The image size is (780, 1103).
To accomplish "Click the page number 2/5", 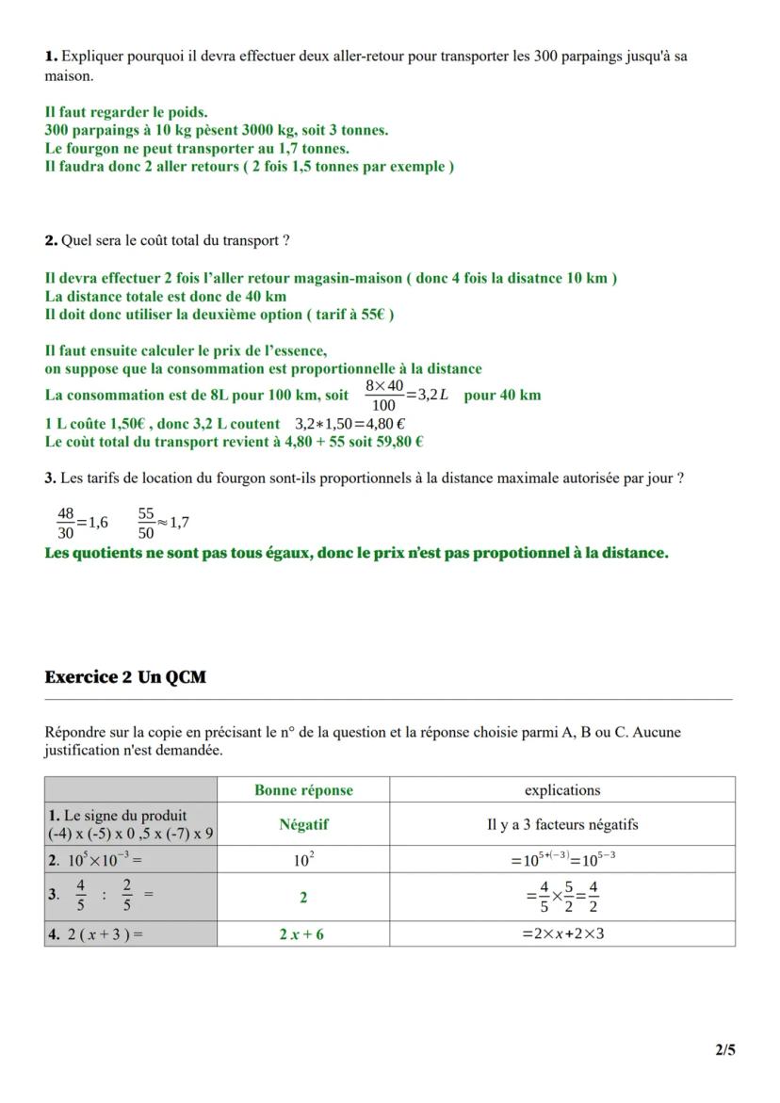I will pyautogui.click(x=724, y=1049).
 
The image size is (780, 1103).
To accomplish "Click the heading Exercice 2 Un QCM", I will pyautogui.click(x=124, y=677).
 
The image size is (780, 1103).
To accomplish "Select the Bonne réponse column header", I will pyautogui.click(x=303, y=790).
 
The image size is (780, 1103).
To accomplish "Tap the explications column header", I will pyautogui.click(x=561, y=790).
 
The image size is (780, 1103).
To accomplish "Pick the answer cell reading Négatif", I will pyautogui.click(x=303, y=824).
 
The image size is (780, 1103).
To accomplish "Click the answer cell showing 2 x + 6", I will pyautogui.click(x=303, y=934).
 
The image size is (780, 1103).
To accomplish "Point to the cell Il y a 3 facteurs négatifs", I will pyautogui.click(x=561, y=824).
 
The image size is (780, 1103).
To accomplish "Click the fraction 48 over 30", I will pyautogui.click(x=65, y=522).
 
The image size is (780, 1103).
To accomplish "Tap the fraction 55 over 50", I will pyautogui.click(x=146, y=522).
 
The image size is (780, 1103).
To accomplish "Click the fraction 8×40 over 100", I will pyautogui.click(x=383, y=396).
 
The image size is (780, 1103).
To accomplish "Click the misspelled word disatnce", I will pyautogui.click(x=532, y=279).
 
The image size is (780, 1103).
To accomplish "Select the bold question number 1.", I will pyautogui.click(x=51, y=57).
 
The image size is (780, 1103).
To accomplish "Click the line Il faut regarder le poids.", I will pyautogui.click(x=126, y=112).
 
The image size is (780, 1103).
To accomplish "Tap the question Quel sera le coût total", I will pyautogui.click(x=174, y=241).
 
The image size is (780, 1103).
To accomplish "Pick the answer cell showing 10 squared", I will pyautogui.click(x=303, y=859).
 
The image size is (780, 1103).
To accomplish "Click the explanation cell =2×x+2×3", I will pyautogui.click(x=561, y=934).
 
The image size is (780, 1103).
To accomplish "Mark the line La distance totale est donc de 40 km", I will pyautogui.click(x=166, y=297).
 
